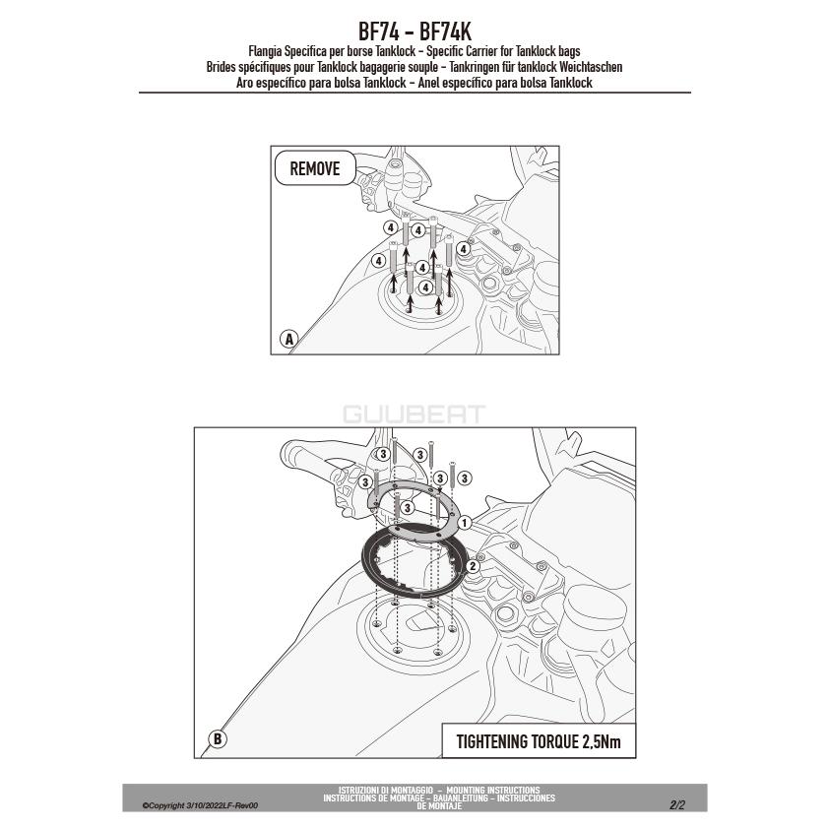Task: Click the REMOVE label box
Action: (315, 168)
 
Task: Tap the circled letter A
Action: (289, 339)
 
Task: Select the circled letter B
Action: (218, 738)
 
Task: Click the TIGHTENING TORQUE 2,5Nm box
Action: (539, 740)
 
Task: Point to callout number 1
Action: (464, 524)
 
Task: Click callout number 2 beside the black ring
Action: (473, 566)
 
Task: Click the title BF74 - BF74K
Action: (414, 32)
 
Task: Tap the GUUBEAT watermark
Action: (414, 414)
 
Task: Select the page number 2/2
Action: (677, 805)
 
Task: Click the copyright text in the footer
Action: (200, 805)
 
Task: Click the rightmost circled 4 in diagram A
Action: (463, 248)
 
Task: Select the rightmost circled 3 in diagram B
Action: (464, 478)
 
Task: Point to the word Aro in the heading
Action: (244, 83)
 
